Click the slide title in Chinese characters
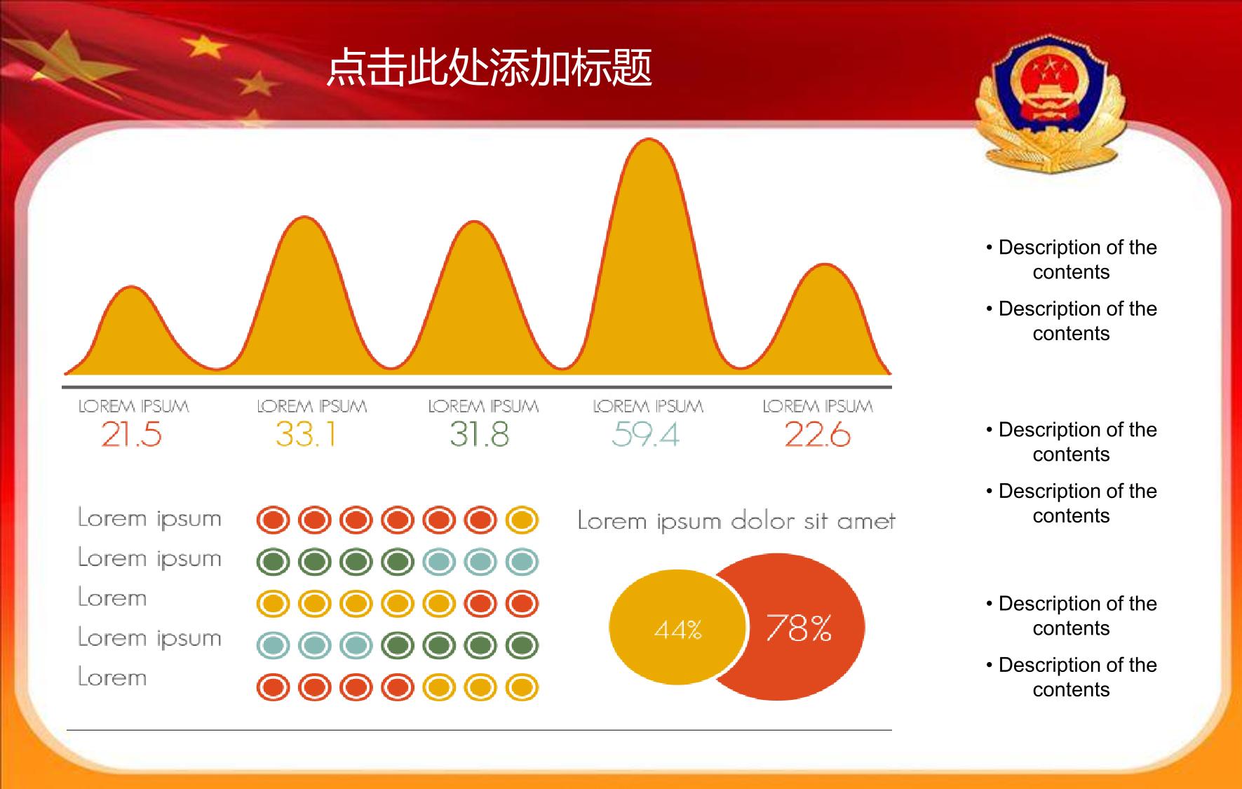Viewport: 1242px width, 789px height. [x=490, y=68]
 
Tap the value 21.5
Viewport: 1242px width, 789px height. [x=131, y=434]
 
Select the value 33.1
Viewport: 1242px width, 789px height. [x=306, y=434]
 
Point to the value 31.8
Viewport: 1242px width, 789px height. [x=480, y=434]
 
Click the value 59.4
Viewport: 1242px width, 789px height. [x=645, y=434]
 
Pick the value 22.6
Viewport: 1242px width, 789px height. [x=818, y=434]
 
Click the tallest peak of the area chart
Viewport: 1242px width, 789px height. [x=649, y=140]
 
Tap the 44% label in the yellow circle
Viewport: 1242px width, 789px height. [x=678, y=630]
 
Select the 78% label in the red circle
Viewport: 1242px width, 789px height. [x=799, y=628]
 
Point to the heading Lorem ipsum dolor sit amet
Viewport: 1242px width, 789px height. [x=736, y=521]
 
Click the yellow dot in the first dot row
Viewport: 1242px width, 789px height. [x=522, y=520]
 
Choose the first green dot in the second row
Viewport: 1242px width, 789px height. [x=274, y=562]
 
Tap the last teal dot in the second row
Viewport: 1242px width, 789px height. [x=522, y=562]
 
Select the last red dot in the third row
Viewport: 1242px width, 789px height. [x=522, y=604]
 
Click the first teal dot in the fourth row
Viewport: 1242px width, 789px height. [x=274, y=645]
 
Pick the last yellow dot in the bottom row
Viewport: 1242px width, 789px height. [x=522, y=687]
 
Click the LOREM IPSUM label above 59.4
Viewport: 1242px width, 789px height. [x=648, y=406]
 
